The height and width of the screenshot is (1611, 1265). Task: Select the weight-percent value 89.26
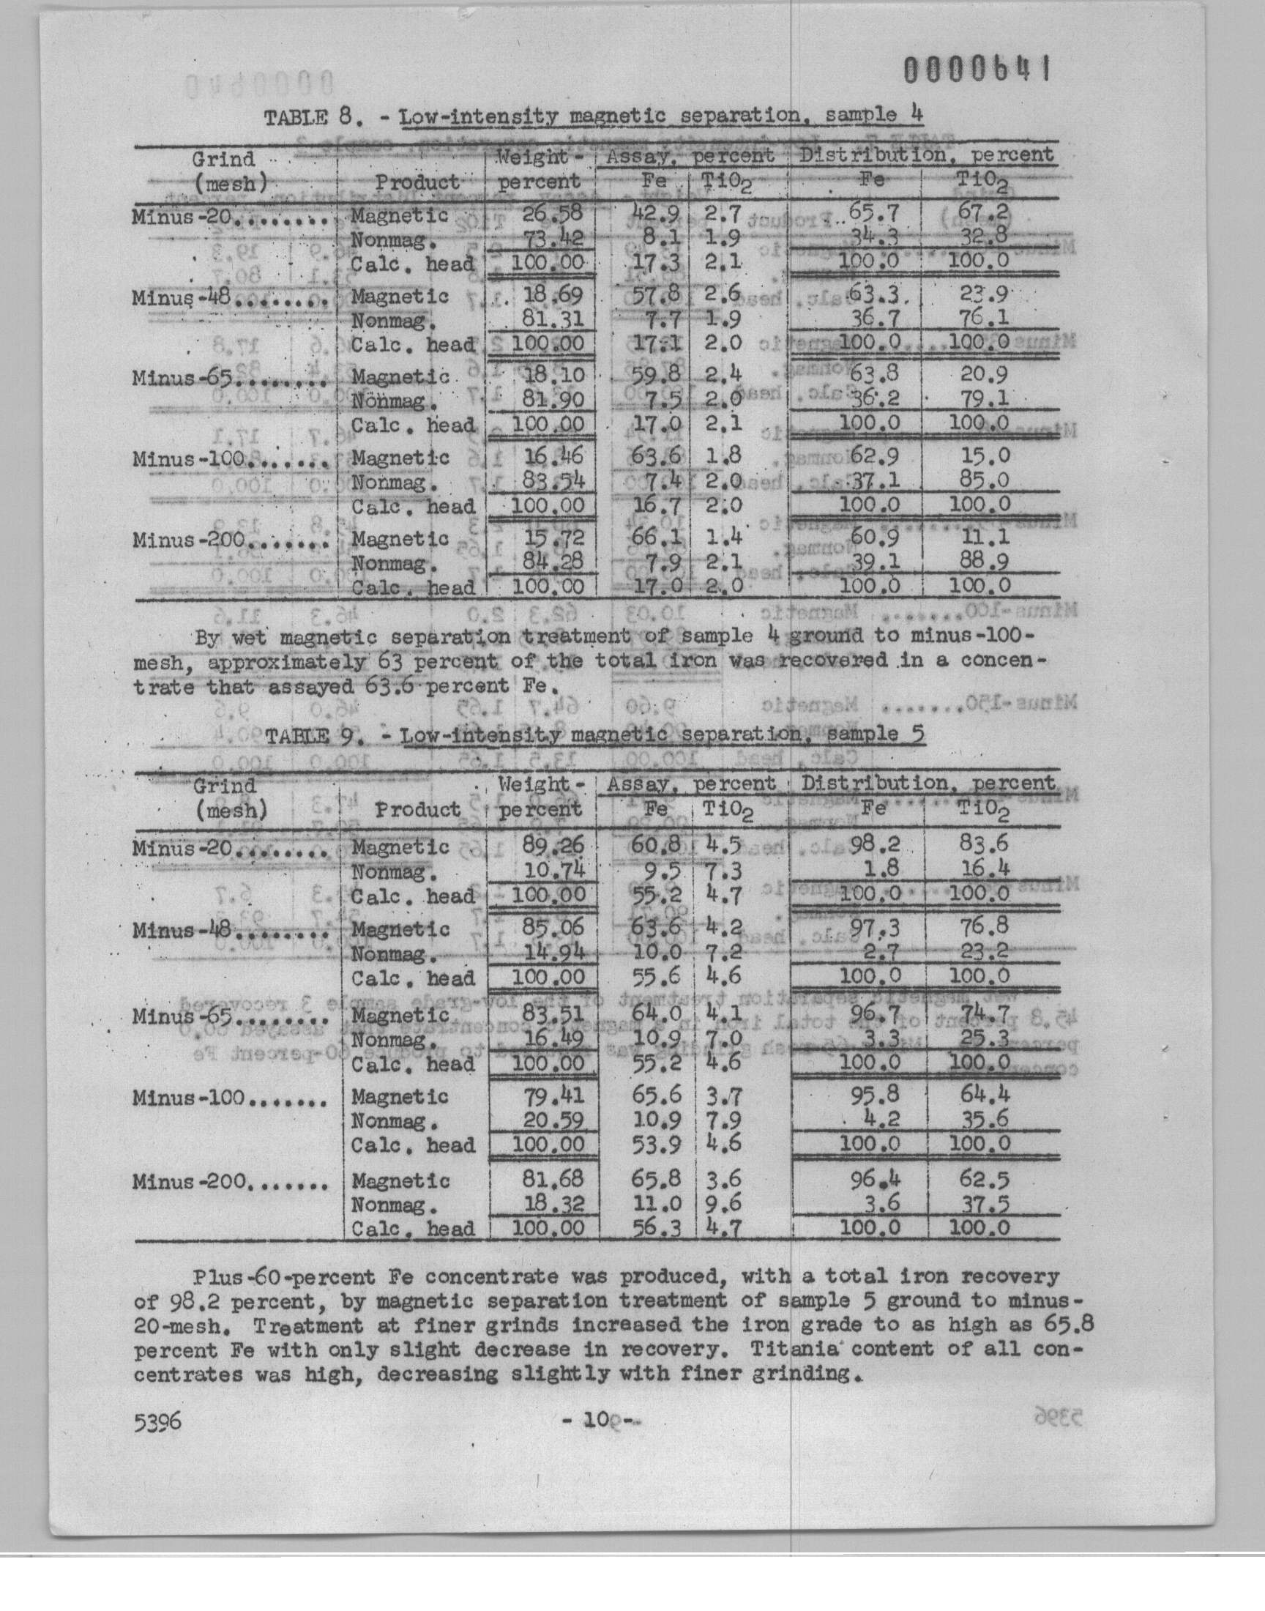pyautogui.click(x=554, y=844)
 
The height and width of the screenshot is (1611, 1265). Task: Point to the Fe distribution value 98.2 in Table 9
pyautogui.click(x=874, y=844)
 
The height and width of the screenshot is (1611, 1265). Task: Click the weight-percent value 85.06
pyautogui.click(x=554, y=926)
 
